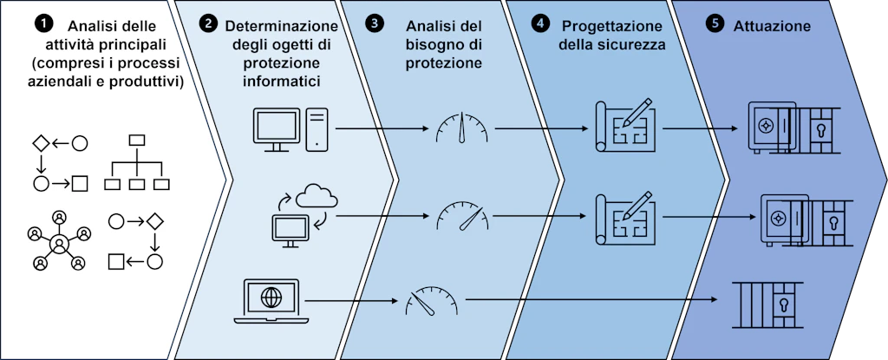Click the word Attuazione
point(772,25)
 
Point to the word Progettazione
point(604,26)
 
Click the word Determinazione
point(282,26)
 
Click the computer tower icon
point(317,130)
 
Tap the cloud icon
point(317,196)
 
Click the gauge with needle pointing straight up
point(462,127)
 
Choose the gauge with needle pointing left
point(432,300)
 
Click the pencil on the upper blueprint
point(637,113)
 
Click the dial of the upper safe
point(765,123)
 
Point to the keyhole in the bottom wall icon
point(784,303)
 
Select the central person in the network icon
point(59,244)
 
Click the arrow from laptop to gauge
point(350,300)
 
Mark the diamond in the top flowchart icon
point(41,143)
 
